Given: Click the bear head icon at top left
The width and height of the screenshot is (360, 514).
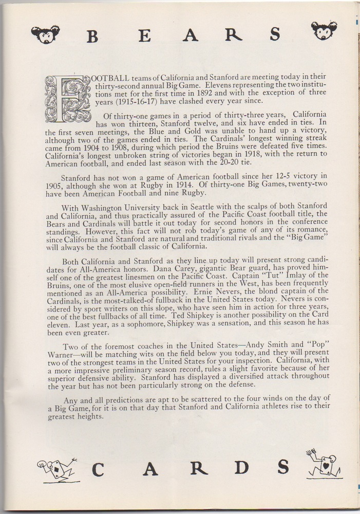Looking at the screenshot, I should click(x=45, y=34).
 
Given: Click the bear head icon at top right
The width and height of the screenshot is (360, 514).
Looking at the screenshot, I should click(x=325, y=30).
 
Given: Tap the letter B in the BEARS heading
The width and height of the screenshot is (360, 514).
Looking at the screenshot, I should click(x=92, y=37).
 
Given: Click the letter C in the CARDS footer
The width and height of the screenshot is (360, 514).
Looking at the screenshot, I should click(x=100, y=469).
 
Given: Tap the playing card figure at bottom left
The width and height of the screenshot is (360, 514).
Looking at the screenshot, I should click(x=57, y=469).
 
